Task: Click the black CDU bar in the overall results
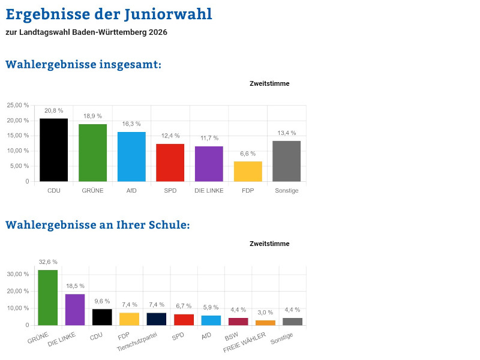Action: [x=53, y=150]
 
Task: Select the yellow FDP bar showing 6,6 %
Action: [x=248, y=172]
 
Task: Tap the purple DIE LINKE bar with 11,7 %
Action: [x=209, y=164]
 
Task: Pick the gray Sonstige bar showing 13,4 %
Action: [x=286, y=161]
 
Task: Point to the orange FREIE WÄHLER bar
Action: [x=265, y=323]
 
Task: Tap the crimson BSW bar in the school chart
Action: [x=238, y=322]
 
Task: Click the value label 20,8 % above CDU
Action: [x=53, y=111]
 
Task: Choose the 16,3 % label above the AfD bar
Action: [x=131, y=124]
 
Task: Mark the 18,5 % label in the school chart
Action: [x=74, y=286]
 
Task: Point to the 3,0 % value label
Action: [x=265, y=313]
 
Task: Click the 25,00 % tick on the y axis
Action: [x=18, y=105]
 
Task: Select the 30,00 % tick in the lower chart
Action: [x=18, y=274]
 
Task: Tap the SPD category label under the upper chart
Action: [x=170, y=191]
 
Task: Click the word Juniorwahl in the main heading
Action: [x=169, y=14]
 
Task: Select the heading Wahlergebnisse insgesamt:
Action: [x=83, y=64]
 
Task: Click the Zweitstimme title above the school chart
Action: [x=269, y=244]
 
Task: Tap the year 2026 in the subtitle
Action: [x=158, y=32]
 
